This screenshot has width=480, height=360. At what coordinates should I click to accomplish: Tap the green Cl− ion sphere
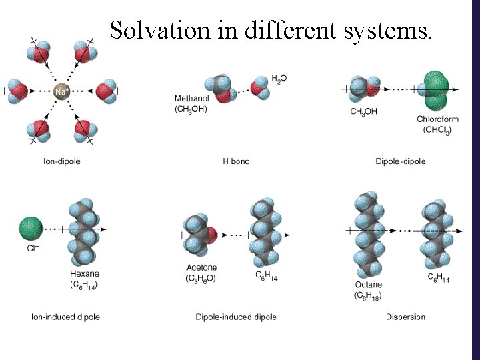click(x=31, y=229)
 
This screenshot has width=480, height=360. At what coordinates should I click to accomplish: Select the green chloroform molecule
click(x=437, y=91)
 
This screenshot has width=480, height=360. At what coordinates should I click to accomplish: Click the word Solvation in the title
click(x=159, y=31)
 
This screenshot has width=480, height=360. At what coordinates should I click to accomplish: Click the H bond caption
click(x=235, y=161)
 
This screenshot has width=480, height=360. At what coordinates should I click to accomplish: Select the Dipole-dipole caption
click(x=400, y=161)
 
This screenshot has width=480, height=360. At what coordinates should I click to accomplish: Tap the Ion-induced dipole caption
click(x=66, y=317)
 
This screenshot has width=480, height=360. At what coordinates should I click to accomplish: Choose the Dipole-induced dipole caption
click(x=236, y=317)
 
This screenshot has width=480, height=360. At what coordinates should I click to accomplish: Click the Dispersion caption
click(x=405, y=317)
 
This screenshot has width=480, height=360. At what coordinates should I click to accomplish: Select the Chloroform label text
click(x=437, y=119)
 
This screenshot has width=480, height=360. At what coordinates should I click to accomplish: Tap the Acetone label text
click(x=201, y=268)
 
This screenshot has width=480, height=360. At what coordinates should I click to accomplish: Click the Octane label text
click(x=368, y=285)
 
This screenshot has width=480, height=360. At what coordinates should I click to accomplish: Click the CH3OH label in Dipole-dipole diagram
click(x=363, y=111)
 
